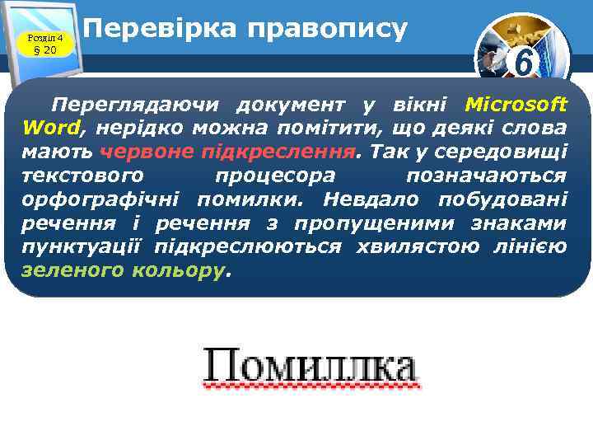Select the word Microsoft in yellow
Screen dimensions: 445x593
(x=516, y=105)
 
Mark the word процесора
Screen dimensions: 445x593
(x=275, y=176)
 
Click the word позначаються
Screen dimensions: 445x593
(x=486, y=176)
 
